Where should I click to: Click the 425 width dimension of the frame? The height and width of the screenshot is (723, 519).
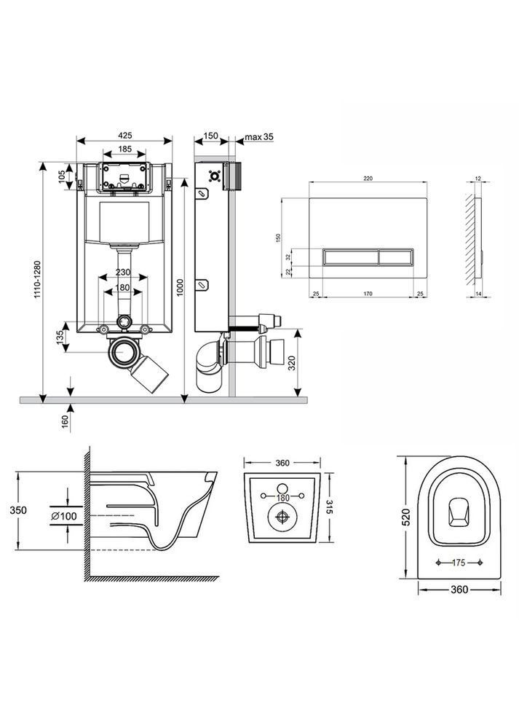pos(124,135)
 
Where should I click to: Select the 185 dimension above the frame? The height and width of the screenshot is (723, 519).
pos(124,149)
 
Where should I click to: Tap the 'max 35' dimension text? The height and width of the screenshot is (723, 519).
pos(258,136)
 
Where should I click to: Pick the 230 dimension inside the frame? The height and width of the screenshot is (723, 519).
pos(123,273)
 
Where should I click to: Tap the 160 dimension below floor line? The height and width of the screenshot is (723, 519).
pos(64,422)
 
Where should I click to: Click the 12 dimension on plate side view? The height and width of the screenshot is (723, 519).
pos(478,177)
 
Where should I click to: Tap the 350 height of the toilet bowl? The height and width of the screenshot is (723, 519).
pos(23,509)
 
